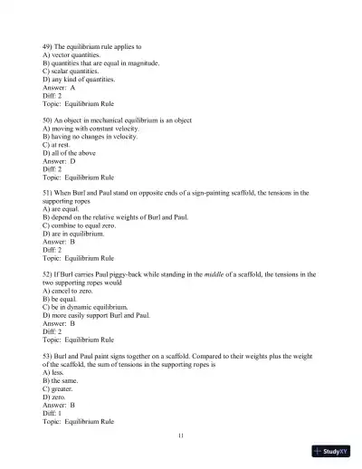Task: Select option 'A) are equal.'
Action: (62, 209)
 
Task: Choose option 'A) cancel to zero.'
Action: (70, 290)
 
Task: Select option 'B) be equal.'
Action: (62, 298)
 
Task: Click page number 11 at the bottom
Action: (182, 435)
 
